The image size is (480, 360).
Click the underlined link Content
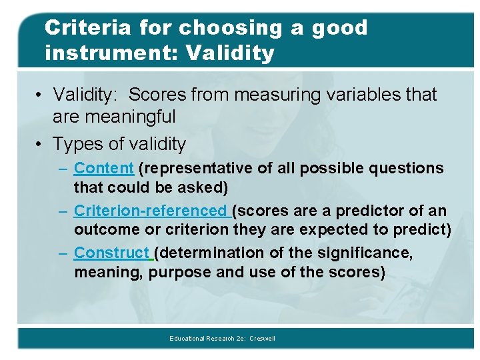pos(104,169)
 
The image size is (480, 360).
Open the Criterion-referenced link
pos(151,211)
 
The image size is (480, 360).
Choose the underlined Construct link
pos(112,253)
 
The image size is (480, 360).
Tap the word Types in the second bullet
pos(74,144)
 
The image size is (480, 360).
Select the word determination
pos(209,253)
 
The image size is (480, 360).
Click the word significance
pos(370,253)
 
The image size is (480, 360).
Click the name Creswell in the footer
pos(262,339)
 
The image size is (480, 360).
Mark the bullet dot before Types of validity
pos(41,144)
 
